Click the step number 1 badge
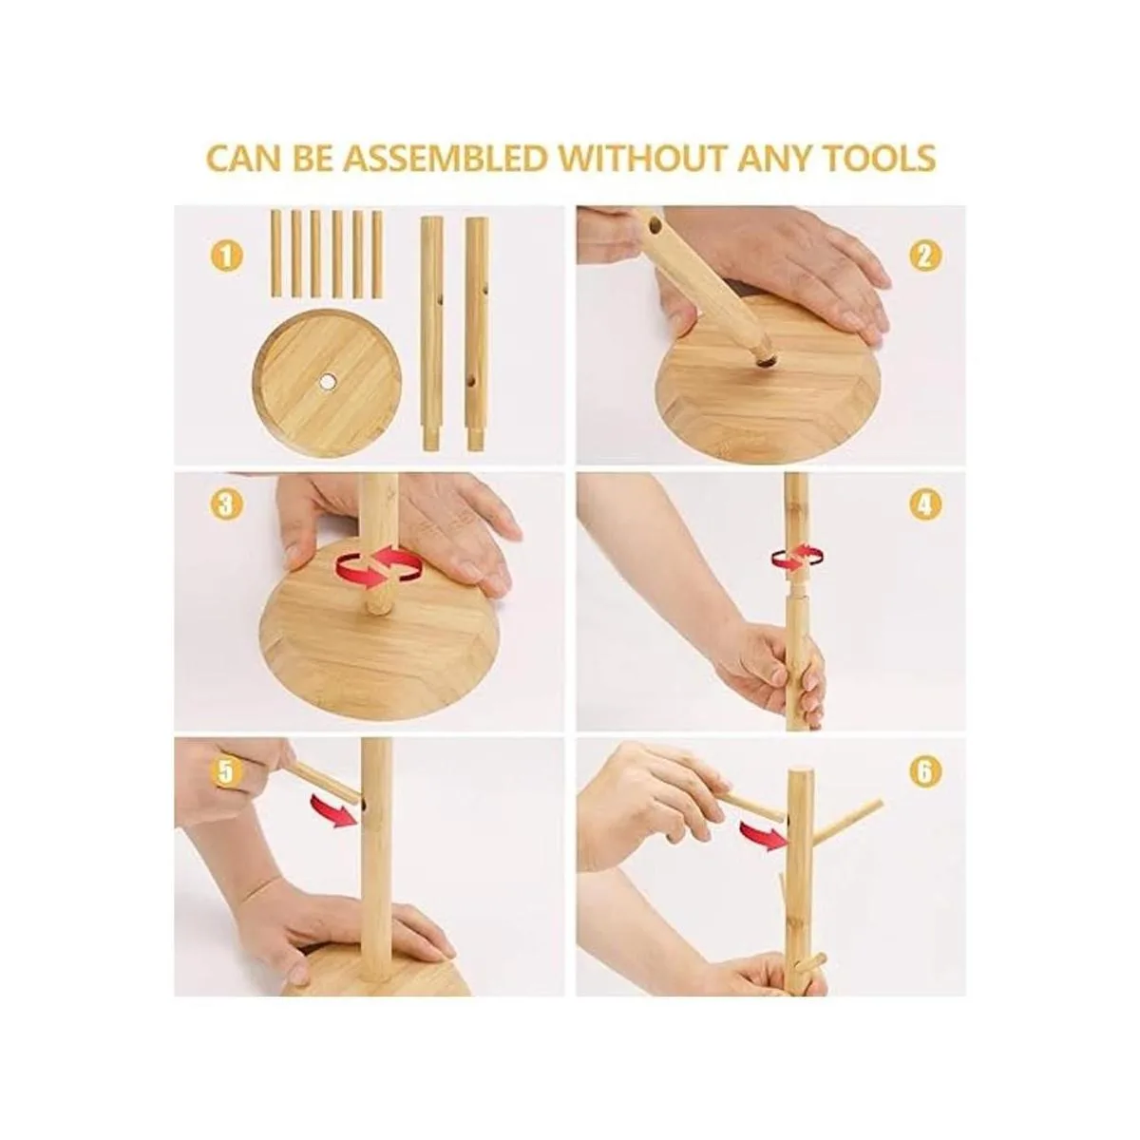tap(227, 256)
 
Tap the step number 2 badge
tap(925, 256)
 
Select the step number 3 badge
tap(227, 504)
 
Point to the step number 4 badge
tap(925, 504)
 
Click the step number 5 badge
tap(228, 770)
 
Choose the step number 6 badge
tap(926, 770)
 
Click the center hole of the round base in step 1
tap(326, 382)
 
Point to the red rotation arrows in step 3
tap(379, 568)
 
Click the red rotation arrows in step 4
tap(797, 556)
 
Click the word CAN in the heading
tap(244, 158)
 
